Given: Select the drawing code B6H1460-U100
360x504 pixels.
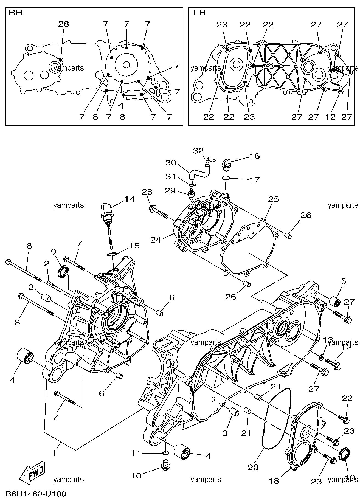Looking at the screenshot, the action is [36, 494].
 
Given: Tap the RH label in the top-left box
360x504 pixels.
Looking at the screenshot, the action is [16, 13].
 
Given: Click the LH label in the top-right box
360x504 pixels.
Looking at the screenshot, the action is [200, 13].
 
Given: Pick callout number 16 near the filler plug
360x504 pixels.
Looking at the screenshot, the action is [254, 156].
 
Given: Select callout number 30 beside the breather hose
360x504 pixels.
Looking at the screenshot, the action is [170, 163].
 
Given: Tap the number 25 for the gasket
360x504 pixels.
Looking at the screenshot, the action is [273, 199].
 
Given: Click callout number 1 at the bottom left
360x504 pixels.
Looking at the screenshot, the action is [54, 453].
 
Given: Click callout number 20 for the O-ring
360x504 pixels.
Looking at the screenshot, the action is [253, 467].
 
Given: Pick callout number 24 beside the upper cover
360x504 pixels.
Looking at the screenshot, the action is [156, 240].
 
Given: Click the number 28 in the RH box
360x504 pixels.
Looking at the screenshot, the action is [64, 24].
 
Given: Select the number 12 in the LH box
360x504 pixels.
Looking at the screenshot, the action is [331, 117].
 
